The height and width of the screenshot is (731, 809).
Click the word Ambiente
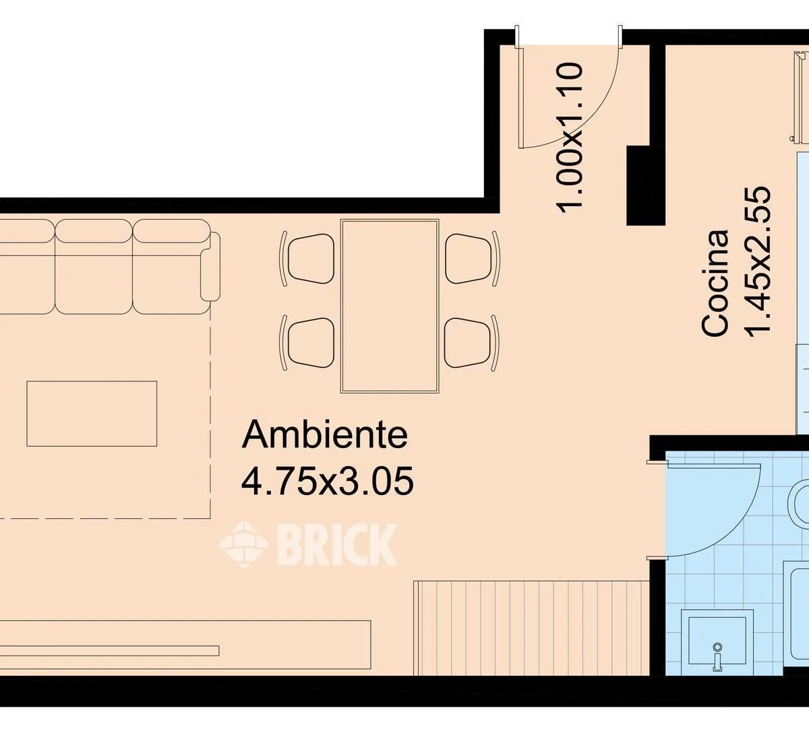(x=324, y=435)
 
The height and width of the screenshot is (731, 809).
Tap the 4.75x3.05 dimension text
(x=327, y=480)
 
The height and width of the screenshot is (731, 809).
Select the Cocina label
(x=715, y=282)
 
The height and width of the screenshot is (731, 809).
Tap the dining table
(x=390, y=306)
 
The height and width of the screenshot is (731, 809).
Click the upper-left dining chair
(x=307, y=259)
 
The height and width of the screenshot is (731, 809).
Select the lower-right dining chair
(x=472, y=342)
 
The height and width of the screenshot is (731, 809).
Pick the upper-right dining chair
(x=472, y=259)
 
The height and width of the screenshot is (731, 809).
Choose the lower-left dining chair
(x=307, y=342)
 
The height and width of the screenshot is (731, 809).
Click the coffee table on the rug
(x=92, y=414)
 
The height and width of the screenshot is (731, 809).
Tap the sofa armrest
(x=210, y=267)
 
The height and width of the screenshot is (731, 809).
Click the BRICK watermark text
(x=336, y=544)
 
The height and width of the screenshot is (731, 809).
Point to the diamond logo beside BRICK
(x=243, y=544)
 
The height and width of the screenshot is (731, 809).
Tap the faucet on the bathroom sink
(x=717, y=662)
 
